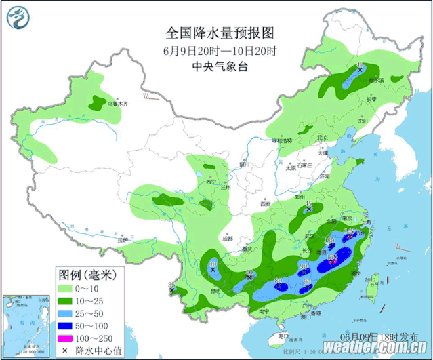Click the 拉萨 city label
(121, 240)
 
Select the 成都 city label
(226, 238)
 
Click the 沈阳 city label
(384, 122)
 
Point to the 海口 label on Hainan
(283, 336)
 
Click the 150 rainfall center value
(333, 258)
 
